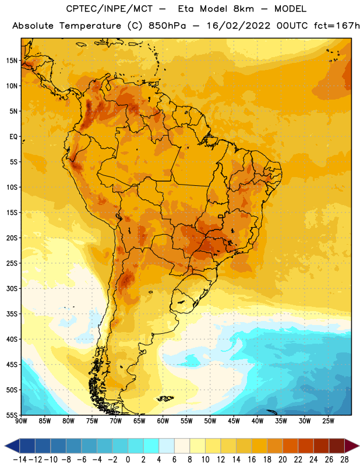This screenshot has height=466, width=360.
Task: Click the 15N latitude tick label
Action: point(12,61)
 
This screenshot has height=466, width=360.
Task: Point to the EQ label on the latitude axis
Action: point(13,137)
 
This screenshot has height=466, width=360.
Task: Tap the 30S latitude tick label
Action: point(12,288)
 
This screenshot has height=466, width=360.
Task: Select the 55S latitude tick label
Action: point(12,415)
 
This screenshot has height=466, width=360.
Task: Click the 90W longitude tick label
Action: point(21,421)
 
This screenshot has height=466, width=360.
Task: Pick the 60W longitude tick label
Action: point(163,421)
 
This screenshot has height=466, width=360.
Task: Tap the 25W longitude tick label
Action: point(328,421)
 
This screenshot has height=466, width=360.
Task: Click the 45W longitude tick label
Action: point(234,421)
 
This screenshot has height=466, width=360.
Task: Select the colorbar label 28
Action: point(344,460)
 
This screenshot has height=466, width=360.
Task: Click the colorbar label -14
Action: point(20,460)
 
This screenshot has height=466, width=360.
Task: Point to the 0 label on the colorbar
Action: point(128,460)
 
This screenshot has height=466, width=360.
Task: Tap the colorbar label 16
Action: point(252,460)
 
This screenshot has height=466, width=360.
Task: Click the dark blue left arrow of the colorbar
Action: point(12,446)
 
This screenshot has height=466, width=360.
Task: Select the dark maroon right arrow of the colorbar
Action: point(352,446)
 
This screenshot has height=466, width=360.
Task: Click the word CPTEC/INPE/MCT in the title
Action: point(109,9)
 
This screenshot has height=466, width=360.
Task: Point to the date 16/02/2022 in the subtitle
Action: point(238,26)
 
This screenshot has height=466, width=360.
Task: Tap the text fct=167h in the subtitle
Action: point(337,26)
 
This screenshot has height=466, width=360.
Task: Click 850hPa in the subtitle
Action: point(167,26)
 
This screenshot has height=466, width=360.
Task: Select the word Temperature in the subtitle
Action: point(90,26)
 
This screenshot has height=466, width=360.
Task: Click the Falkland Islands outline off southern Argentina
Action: point(165,398)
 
